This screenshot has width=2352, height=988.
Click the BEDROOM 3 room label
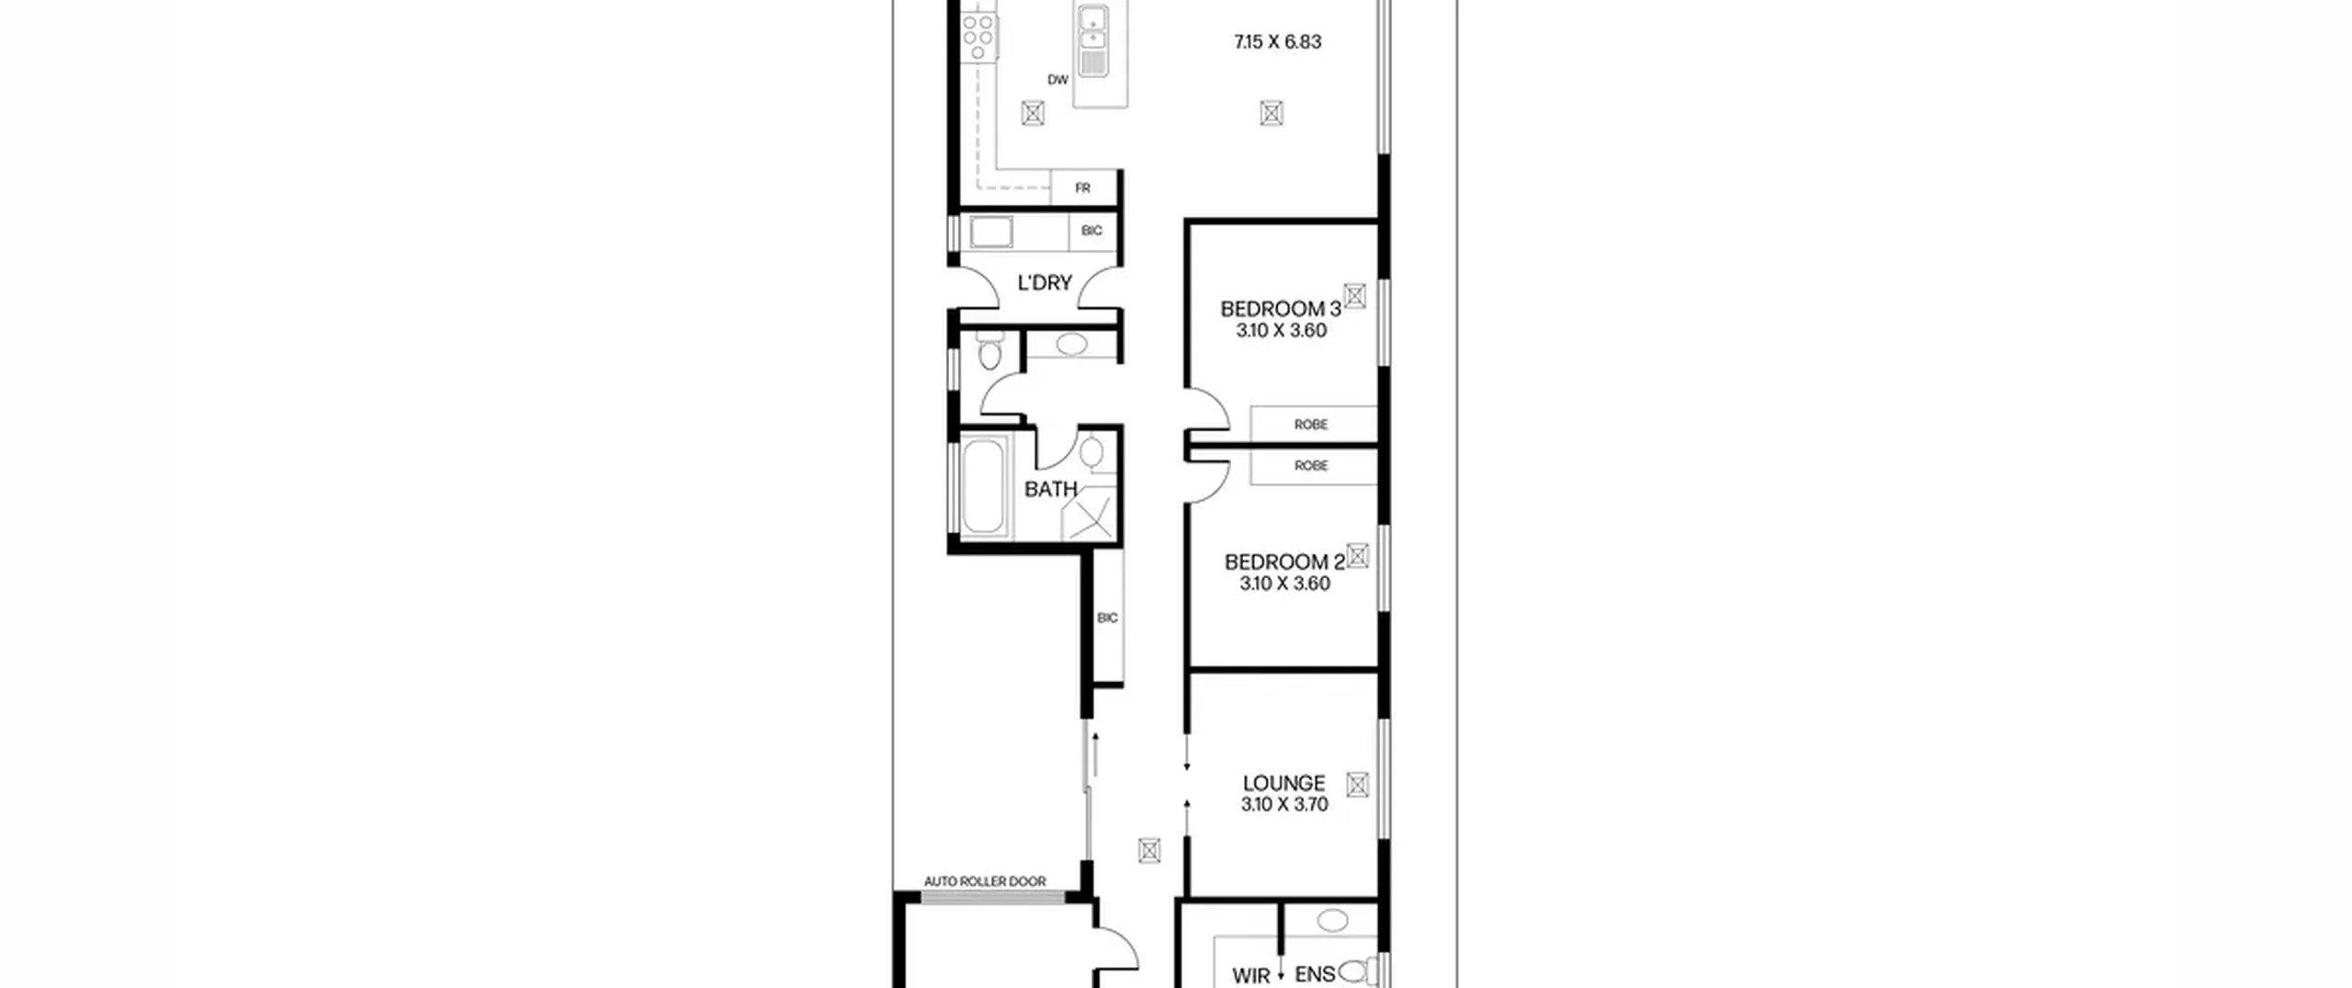tap(1280, 309)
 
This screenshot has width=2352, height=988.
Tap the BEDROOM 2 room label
tap(1284, 562)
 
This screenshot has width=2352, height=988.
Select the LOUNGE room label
tap(1283, 783)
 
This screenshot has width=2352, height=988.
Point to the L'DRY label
tap(1045, 283)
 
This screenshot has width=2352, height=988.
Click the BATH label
tap(1051, 489)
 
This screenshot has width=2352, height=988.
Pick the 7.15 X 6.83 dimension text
tap(1277, 41)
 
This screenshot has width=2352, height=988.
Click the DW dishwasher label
tap(1058, 80)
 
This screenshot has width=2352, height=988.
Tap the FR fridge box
tap(1083, 187)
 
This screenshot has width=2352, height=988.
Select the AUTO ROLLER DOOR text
tap(985, 881)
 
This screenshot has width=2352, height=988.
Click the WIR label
tap(1251, 976)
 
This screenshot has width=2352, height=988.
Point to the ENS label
tap(1315, 974)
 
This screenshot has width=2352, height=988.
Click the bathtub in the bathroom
tap(983, 486)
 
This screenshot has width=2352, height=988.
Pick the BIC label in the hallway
tap(1108, 618)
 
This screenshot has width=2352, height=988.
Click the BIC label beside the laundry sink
tap(1091, 231)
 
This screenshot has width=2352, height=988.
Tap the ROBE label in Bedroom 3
tap(1311, 425)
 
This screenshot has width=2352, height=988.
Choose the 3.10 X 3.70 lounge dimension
tap(1284, 804)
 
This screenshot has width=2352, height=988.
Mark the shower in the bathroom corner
tap(1089, 514)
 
